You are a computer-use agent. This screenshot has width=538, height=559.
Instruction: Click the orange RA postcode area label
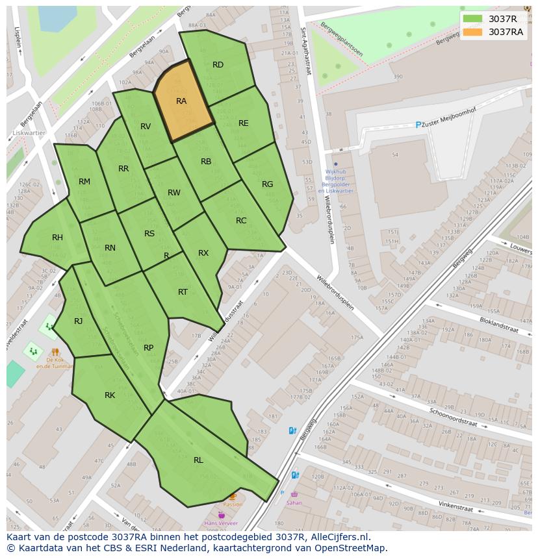tap(181, 101)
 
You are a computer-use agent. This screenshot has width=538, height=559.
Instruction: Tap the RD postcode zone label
tap(218, 65)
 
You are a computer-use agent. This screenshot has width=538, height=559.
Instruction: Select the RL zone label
tap(198, 460)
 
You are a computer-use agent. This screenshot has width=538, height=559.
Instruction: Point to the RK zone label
tap(110, 395)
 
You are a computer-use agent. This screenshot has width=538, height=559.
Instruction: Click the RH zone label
tap(57, 238)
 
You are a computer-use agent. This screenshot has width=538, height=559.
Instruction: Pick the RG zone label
tap(267, 184)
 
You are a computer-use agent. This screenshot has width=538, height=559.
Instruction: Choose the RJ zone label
tap(78, 321)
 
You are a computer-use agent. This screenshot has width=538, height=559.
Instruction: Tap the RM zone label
tap(84, 182)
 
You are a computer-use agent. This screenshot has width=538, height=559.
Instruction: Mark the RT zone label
tap(183, 292)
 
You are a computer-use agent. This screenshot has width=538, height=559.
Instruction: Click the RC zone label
tap(241, 221)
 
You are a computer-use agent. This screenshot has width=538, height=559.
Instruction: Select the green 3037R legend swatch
tap(472, 19)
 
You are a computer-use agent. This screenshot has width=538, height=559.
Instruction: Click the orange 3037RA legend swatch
tap(472, 32)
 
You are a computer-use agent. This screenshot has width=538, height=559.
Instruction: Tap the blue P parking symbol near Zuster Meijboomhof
tap(418, 125)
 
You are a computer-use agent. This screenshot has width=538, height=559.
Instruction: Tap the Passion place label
tap(232, 504)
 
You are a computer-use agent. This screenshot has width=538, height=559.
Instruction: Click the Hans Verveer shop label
tap(221, 523)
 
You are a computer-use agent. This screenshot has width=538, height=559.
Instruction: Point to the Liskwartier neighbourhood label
tap(29, 133)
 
